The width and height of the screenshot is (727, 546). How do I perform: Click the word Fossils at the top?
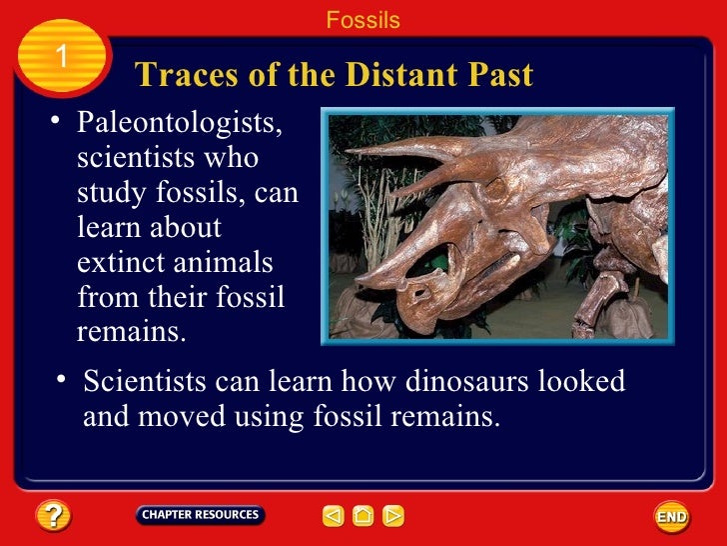[363, 20]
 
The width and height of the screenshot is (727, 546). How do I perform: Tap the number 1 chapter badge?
[61, 57]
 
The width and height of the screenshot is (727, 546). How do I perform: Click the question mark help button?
[52, 516]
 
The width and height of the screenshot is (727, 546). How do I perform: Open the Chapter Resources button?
[200, 515]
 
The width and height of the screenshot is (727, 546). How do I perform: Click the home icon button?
[363, 516]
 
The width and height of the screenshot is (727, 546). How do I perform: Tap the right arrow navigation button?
[394, 516]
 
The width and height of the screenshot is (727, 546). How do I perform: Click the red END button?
[671, 516]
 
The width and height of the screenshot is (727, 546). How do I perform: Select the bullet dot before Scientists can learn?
[62, 378]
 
